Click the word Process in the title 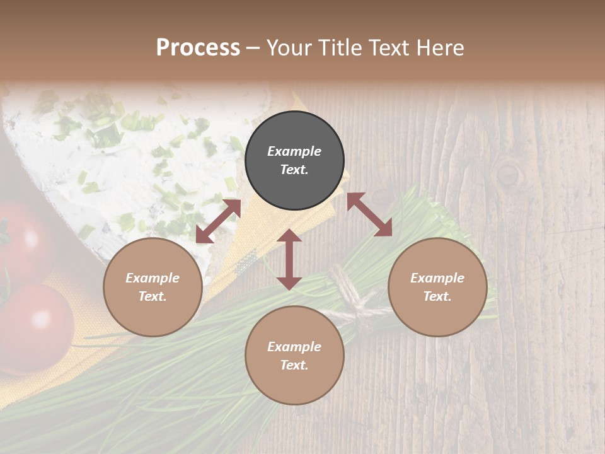click(198, 48)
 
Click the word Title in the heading click(342, 48)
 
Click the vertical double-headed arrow click(289, 259)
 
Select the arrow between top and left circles click(219, 221)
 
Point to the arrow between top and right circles click(369, 214)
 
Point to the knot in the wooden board click(508, 173)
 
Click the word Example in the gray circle click(294, 151)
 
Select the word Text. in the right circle click(437, 296)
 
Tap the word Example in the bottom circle click(294, 347)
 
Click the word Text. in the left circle click(153, 296)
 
